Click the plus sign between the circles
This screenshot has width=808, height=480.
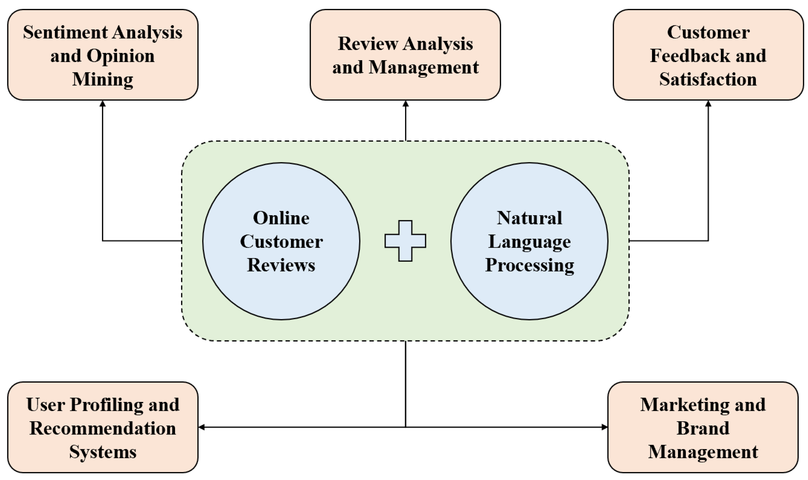(405, 241)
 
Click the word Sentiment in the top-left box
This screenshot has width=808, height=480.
(65, 33)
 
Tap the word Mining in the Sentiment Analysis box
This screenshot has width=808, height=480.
(103, 79)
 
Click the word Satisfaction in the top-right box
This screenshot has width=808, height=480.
(708, 79)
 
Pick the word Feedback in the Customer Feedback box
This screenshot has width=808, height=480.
(689, 56)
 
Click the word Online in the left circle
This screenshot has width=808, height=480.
(281, 218)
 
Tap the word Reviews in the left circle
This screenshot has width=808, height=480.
(281, 265)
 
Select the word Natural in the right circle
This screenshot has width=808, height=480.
(529, 218)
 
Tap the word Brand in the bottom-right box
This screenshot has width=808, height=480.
(703, 428)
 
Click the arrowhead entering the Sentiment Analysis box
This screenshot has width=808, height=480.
(103, 104)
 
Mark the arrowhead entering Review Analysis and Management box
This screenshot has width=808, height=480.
(405, 104)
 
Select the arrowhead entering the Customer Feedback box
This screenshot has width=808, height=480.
(708, 104)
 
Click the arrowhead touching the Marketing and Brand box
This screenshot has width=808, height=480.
(604, 427)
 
